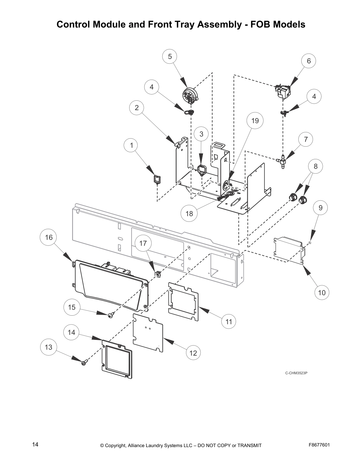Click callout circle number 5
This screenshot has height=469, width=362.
170,57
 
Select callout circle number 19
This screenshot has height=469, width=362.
255,121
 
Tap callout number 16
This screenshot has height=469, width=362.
49,237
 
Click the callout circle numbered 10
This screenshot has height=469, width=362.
321,293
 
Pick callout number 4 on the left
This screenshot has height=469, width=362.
151,87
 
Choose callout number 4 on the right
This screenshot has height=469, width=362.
314,96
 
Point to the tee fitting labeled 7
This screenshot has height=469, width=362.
282,161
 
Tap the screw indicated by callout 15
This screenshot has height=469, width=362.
111,316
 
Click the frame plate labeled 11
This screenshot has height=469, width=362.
183,301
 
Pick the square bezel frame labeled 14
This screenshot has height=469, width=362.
117,359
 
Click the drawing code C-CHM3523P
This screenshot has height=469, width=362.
296,373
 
